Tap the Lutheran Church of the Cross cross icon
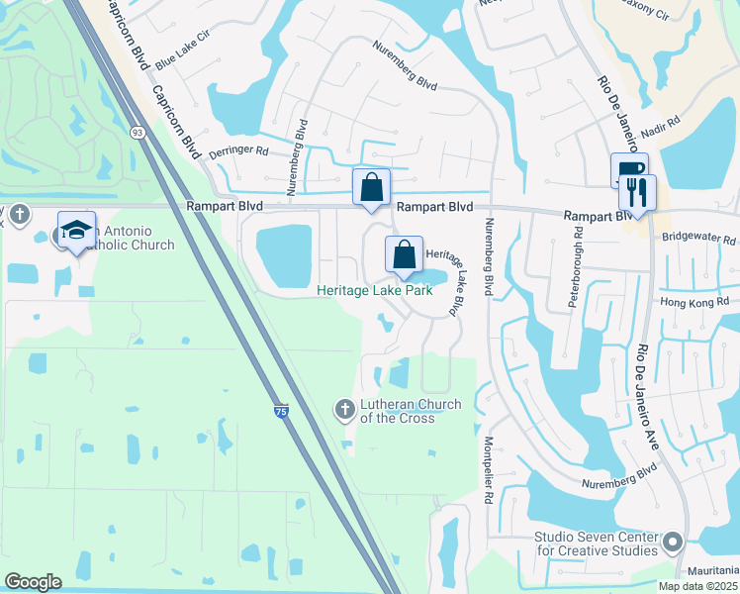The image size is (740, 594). [x=344, y=409]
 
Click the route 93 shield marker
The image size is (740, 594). [x=137, y=132]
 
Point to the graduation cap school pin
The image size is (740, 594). [x=76, y=231]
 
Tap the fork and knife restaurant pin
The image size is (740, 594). [x=637, y=194]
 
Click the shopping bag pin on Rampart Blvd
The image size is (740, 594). [x=371, y=187]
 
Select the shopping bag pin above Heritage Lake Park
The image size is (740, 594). [x=405, y=255]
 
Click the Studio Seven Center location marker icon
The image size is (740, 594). [x=674, y=542]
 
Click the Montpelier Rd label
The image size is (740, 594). [x=488, y=471]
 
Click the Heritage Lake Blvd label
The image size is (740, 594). [x=445, y=280]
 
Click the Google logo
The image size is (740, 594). [x=34, y=581]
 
